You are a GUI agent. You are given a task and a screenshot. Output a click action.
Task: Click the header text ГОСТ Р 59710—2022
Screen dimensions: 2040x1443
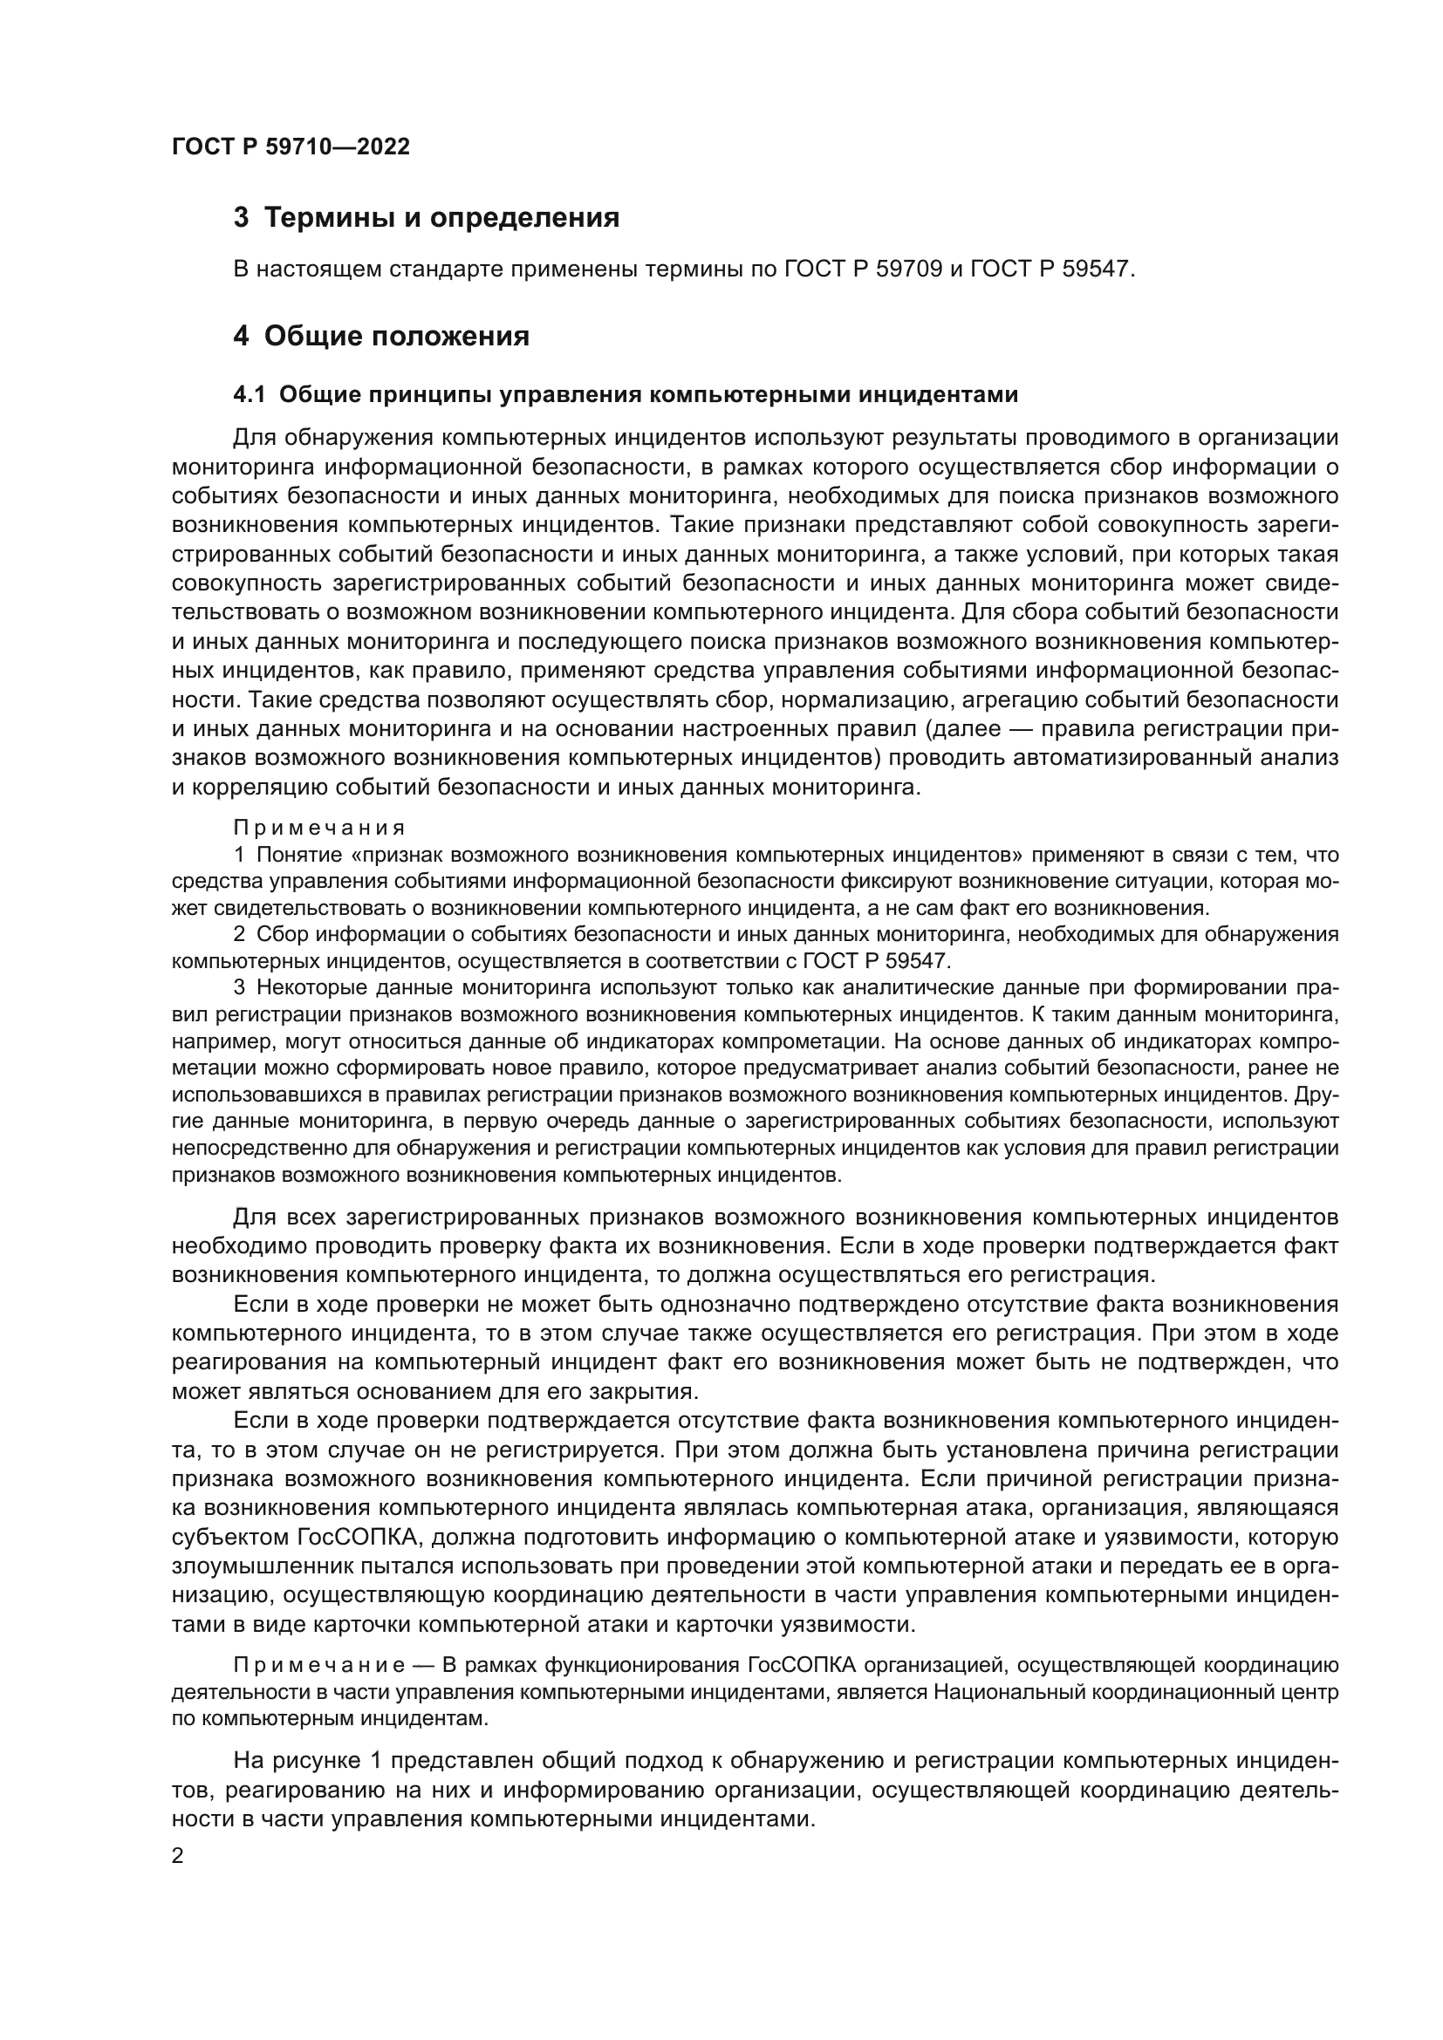click(291, 147)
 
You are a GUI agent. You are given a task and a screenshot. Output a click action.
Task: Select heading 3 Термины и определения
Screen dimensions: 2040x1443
click(426, 218)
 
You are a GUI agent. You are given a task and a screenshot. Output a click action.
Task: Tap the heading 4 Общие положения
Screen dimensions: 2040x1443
click(381, 337)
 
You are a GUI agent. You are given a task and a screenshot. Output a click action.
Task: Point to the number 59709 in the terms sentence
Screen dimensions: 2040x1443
click(908, 269)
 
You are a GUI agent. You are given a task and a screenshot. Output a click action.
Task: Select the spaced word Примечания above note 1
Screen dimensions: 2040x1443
click(319, 828)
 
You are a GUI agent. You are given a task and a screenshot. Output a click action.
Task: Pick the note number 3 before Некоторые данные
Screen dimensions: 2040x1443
click(238, 987)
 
